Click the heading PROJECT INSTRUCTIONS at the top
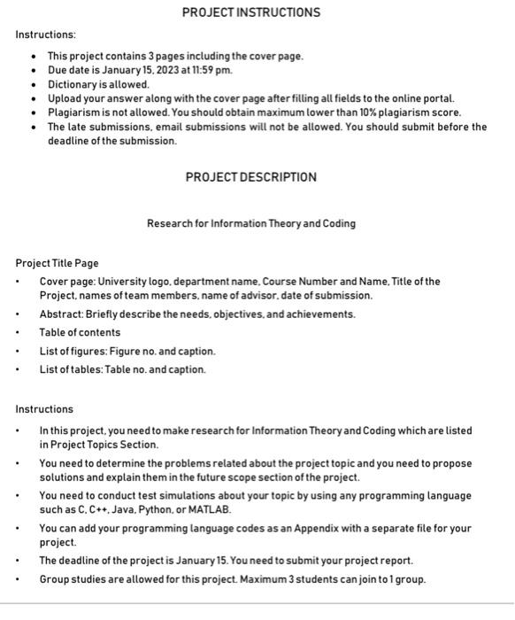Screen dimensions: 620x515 [x=251, y=12]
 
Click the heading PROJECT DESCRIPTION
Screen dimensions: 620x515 [x=250, y=177]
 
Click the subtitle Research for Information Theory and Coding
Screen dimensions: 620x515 [x=251, y=223]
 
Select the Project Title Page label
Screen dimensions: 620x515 [x=58, y=263]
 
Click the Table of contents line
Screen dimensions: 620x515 [x=80, y=333]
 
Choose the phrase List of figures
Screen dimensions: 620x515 [x=70, y=352]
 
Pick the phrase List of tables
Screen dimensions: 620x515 [x=68, y=369]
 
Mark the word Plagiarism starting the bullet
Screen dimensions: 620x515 [x=73, y=112]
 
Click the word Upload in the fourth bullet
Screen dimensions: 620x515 [x=65, y=98]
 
